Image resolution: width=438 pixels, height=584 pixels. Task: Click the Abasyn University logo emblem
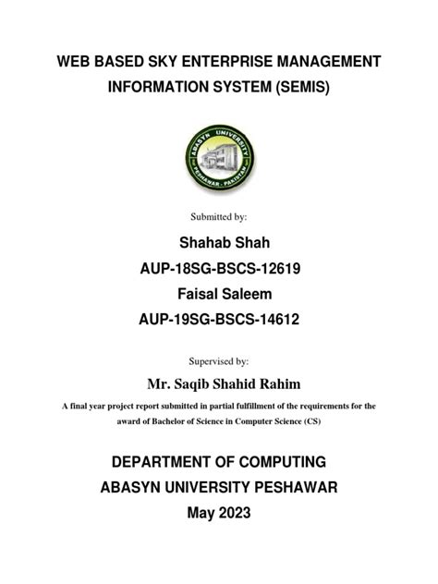click(x=218, y=158)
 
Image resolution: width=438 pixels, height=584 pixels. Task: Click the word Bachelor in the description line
click(x=163, y=420)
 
